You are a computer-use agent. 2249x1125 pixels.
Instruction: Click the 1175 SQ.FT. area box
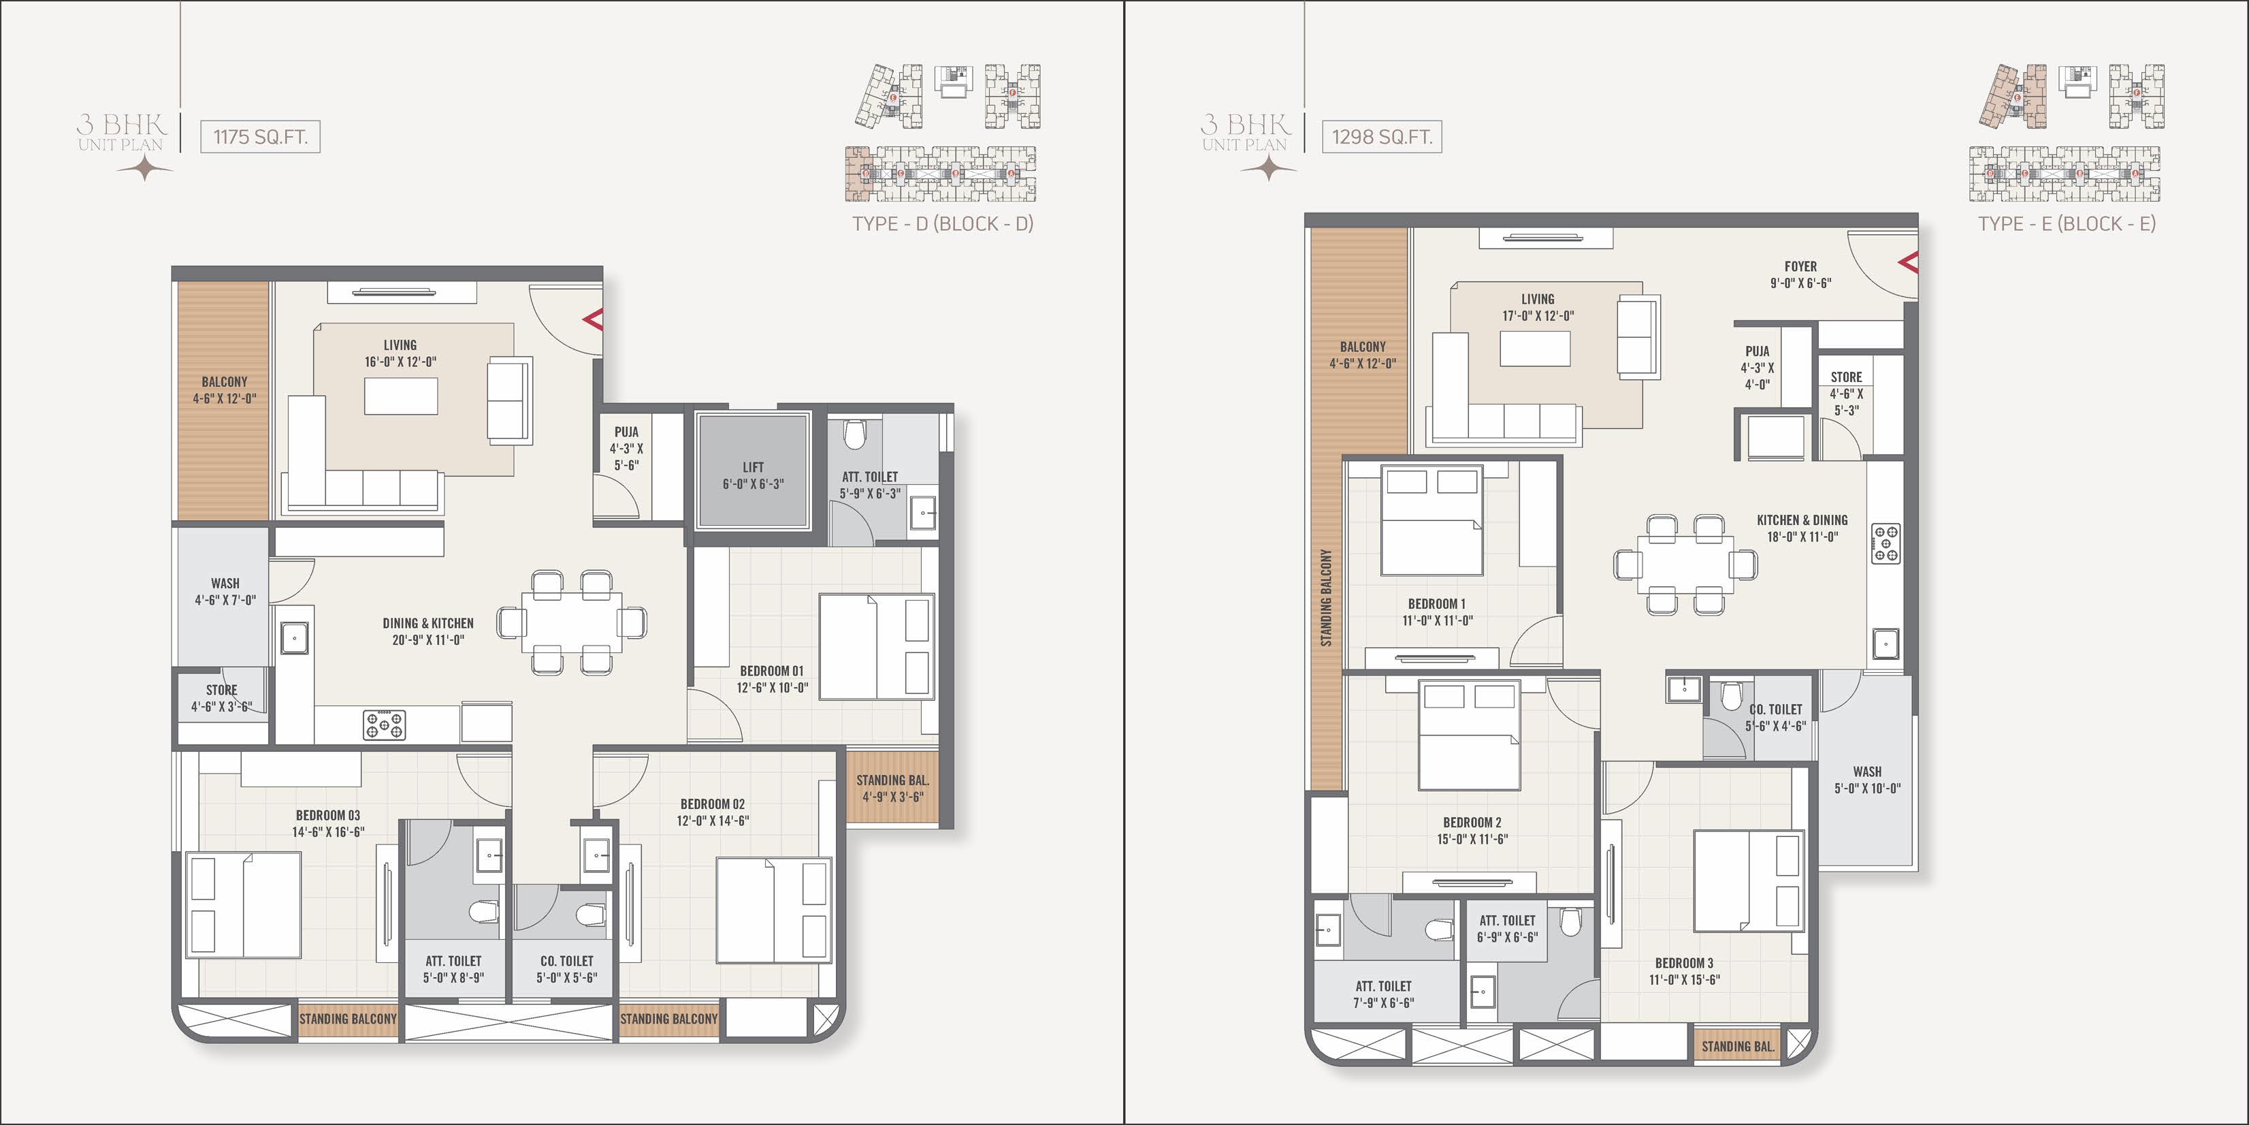260,137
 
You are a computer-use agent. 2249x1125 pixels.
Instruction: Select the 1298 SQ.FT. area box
1381,137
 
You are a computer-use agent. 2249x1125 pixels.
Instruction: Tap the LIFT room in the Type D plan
753,472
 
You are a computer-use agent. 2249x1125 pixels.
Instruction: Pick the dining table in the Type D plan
572,622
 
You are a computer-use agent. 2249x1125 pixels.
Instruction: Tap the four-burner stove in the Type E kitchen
1886,542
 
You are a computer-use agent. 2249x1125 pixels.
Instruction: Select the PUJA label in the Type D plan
626,432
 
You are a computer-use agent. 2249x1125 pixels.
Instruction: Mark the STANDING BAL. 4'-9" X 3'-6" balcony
892,788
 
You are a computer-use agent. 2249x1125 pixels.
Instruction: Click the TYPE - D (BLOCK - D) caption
943,223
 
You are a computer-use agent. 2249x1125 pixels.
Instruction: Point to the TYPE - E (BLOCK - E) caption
2067,223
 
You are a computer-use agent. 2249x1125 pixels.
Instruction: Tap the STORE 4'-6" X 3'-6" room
222,698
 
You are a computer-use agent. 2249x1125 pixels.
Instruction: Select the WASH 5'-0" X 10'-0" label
1868,780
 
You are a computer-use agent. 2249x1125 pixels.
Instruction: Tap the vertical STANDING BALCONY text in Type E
1326,599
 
